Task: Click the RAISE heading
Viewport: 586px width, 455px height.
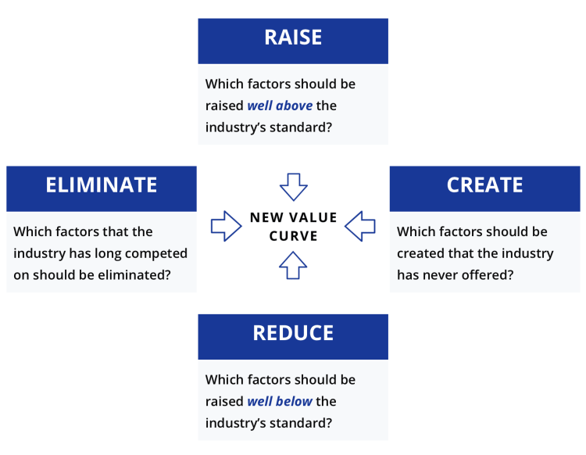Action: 293,38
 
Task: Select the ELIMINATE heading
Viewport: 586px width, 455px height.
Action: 102,185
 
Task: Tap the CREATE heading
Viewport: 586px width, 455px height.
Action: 484,185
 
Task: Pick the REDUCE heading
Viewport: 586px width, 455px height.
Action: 293,333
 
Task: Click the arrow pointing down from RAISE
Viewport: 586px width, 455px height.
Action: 293,187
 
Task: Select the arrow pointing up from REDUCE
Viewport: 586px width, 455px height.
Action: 293,265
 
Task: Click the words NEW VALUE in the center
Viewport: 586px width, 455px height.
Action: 293,217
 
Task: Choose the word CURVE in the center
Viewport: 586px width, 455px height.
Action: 293,235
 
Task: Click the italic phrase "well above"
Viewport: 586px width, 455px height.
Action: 280,106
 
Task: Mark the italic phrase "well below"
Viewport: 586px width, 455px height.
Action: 280,402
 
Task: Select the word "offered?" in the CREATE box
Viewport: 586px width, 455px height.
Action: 488,274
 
